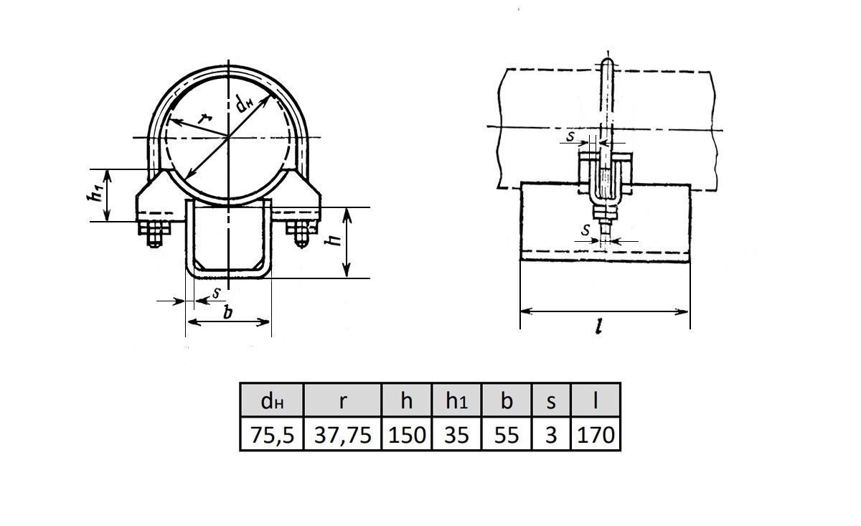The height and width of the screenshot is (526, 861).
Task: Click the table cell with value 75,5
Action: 272,434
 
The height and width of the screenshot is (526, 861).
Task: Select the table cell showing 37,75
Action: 342,434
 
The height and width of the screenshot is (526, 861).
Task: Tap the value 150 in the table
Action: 407,434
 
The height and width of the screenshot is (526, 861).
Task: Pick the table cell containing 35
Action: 456,434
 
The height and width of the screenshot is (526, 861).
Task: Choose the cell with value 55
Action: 507,434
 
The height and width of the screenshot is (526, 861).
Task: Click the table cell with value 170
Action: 596,434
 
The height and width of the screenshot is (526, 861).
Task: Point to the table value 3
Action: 551,434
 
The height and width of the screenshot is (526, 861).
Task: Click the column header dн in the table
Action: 272,400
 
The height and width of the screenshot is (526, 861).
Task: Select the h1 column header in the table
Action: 456,400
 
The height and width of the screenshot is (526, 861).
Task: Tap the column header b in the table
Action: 507,400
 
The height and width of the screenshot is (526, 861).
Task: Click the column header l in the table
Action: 596,400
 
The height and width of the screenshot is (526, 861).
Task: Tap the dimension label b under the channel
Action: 228,312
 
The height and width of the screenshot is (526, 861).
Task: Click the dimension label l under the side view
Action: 599,328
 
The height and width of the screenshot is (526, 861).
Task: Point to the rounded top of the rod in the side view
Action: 607,63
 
